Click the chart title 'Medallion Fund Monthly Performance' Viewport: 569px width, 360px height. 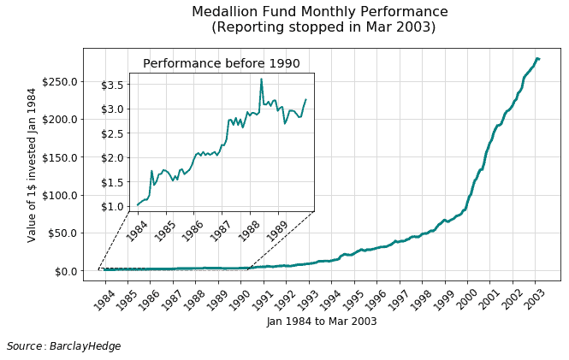(x=319, y=12)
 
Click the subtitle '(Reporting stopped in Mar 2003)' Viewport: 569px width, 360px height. (x=323, y=27)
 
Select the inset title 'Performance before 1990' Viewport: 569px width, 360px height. (x=221, y=64)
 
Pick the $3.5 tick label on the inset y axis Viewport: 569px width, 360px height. (x=113, y=85)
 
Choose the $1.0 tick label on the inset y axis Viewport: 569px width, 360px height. (x=113, y=207)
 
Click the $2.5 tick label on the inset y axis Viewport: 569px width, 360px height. (x=113, y=133)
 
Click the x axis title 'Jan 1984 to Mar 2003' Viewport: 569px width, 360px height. (x=321, y=322)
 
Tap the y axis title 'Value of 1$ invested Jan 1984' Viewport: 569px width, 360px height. (x=33, y=164)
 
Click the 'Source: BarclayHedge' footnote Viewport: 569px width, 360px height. (x=63, y=346)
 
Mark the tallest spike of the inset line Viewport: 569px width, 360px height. (x=261, y=79)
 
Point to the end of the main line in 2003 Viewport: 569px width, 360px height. (x=538, y=58)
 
